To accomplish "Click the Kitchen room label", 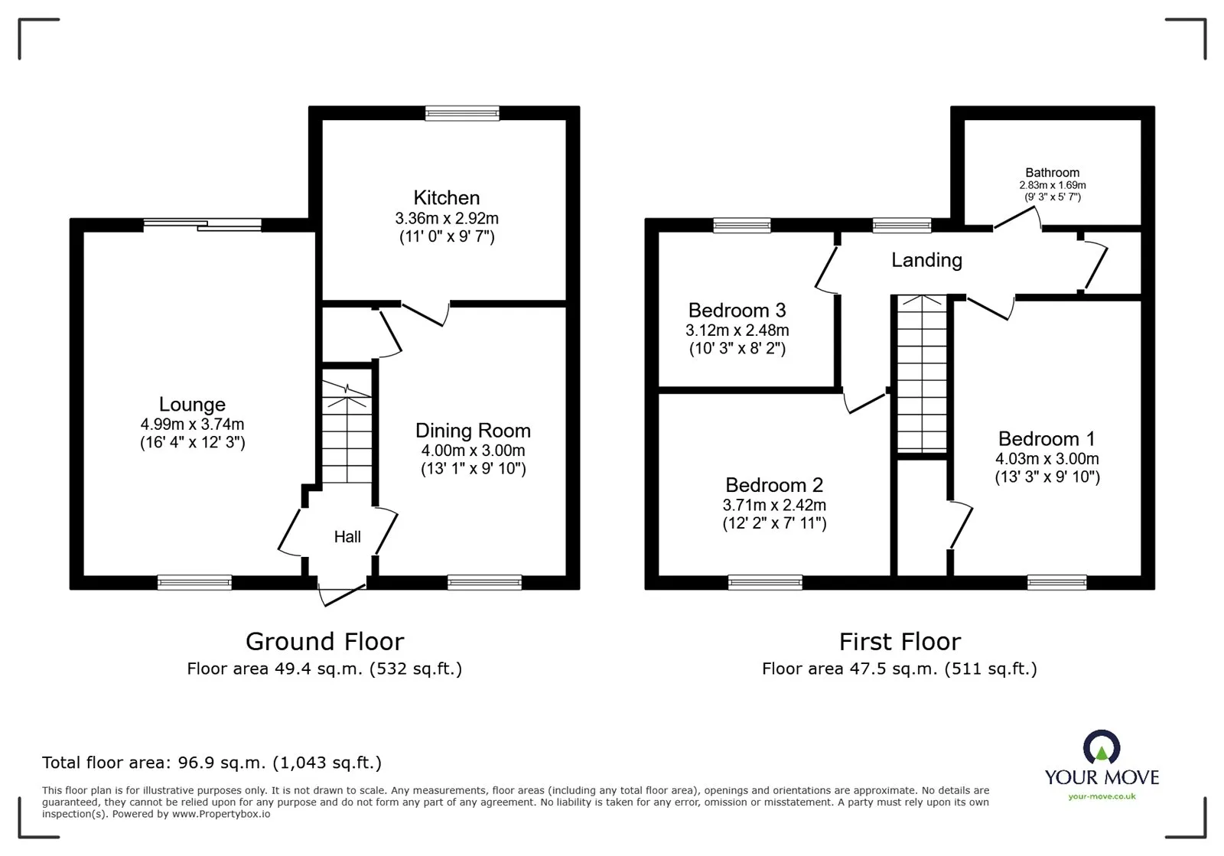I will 447,198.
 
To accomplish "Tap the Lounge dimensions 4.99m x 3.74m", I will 192,425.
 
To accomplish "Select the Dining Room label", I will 473,431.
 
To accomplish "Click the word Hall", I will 347,537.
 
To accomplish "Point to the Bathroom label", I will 1052,173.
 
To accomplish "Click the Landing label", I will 926,260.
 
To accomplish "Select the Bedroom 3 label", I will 737,311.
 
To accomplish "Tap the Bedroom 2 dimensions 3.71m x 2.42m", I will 774,506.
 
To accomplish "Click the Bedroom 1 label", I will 1047,439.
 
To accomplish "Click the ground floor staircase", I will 347,436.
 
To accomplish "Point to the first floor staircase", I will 922,375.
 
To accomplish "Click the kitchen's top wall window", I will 462,114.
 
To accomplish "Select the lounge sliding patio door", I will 203,225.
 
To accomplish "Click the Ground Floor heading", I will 324,641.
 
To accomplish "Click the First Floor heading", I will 900,641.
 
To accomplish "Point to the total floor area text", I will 211,763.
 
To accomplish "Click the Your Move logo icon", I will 1102,747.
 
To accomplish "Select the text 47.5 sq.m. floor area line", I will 900,669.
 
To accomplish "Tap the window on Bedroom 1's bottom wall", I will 1056,583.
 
